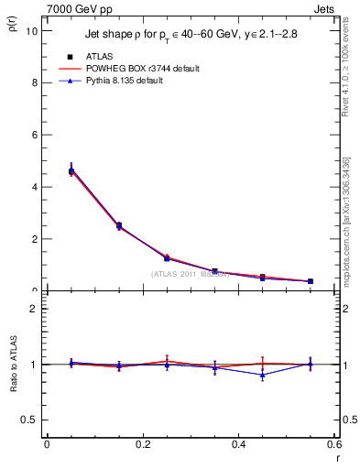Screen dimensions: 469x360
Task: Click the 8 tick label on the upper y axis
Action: tap(34, 82)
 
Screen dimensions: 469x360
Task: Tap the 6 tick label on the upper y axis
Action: tap(34, 135)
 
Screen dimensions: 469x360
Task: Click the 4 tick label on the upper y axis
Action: tap(34, 187)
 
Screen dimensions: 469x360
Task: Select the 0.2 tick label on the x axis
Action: tap(142, 444)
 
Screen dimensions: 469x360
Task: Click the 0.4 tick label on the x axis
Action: tap(238, 444)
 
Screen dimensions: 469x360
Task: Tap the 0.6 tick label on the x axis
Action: tap(333, 444)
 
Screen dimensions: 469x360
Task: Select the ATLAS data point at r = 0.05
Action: tap(71, 170)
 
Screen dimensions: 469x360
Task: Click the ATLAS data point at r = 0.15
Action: tap(119, 225)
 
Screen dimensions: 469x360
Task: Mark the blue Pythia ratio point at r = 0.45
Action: tap(262, 375)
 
